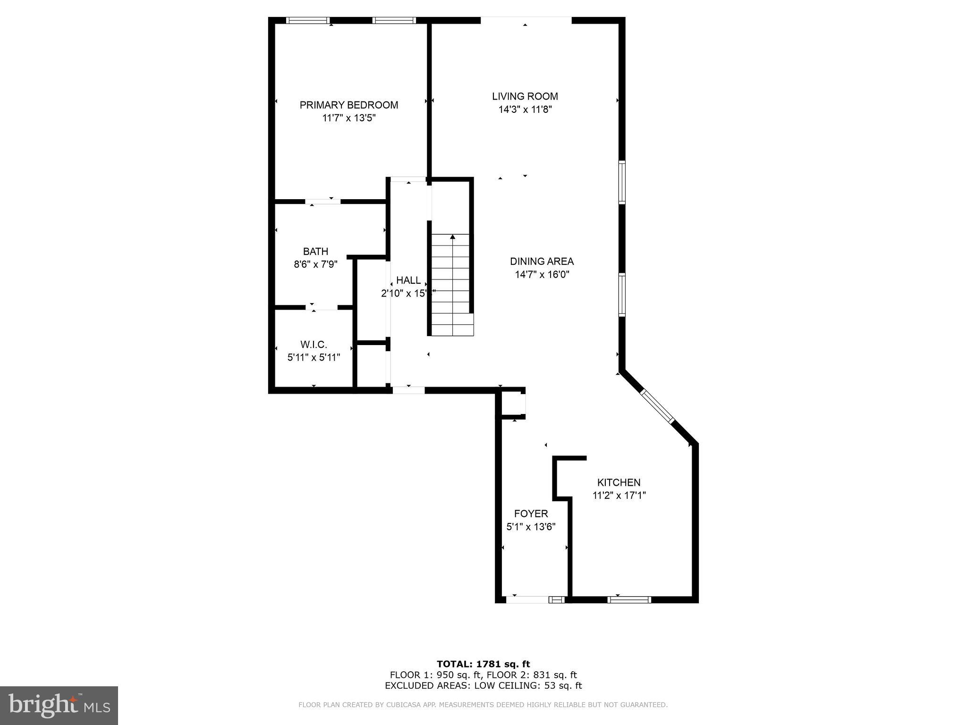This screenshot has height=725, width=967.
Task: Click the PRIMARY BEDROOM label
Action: (348, 105)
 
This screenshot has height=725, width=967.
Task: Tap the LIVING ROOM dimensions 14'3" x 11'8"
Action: (525, 110)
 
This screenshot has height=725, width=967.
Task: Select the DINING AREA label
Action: (542, 261)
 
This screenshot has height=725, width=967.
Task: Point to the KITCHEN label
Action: (619, 482)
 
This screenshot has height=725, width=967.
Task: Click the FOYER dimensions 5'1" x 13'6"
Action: (531, 527)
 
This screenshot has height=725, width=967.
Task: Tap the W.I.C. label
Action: (314, 345)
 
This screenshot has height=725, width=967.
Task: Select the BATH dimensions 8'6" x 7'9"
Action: (315, 264)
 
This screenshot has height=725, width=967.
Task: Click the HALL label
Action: (408, 280)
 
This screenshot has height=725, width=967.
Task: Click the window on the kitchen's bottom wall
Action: (629, 600)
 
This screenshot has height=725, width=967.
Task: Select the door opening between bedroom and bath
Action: (323, 202)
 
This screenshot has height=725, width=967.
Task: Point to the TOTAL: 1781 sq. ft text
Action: (483, 664)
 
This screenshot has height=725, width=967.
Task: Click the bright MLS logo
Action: (59, 705)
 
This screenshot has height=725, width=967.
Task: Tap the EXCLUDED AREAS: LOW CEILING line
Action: (483, 686)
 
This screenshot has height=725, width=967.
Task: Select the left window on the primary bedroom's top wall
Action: (308, 20)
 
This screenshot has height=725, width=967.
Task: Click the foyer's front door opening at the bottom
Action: (528, 600)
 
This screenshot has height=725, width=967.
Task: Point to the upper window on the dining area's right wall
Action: (622, 182)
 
